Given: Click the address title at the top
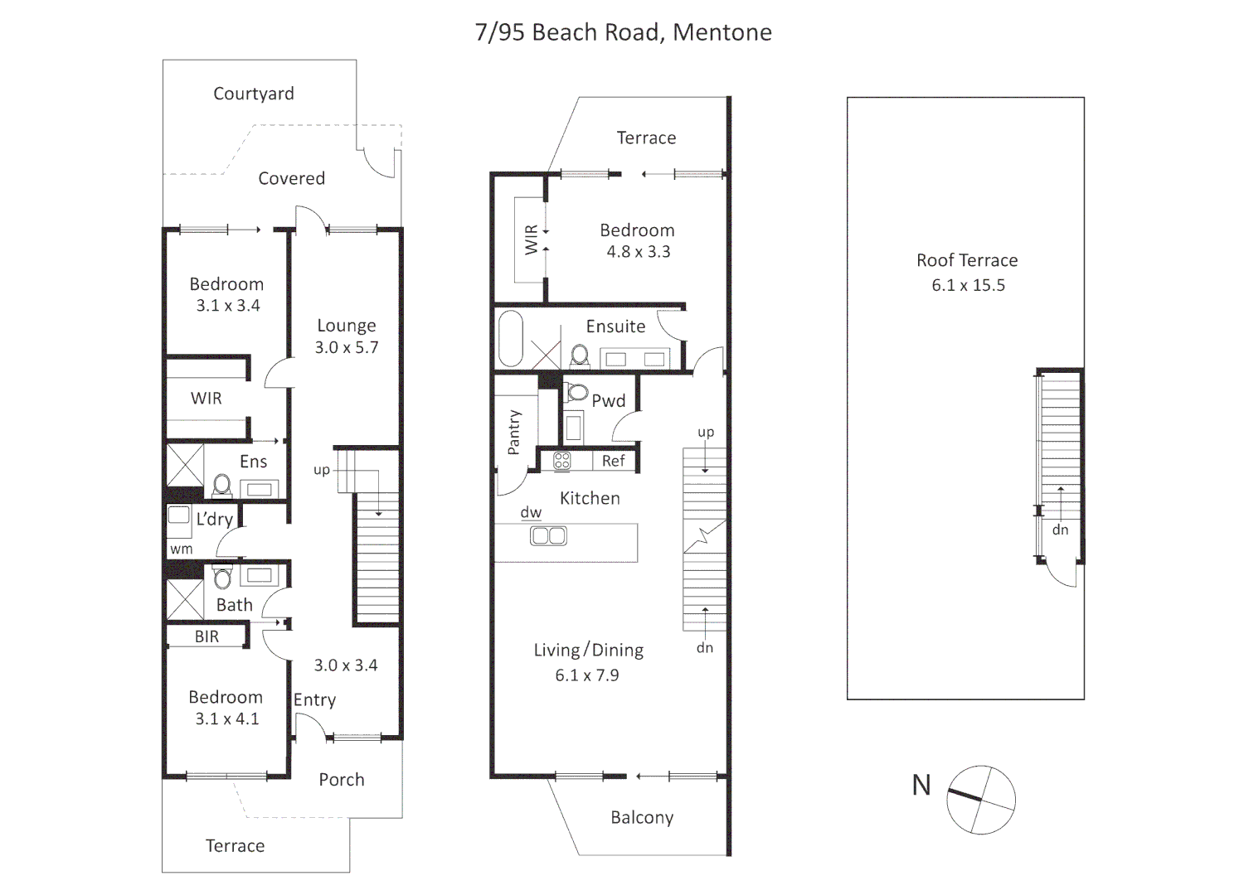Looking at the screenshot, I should click(623, 32).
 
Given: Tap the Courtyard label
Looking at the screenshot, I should click(253, 94).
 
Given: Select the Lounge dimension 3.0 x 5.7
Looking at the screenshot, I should click(346, 348).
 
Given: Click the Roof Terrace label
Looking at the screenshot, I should click(967, 260).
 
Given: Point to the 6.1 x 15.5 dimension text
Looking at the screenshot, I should click(968, 285).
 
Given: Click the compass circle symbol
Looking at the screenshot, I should click(981, 800).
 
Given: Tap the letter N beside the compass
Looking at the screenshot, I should click(921, 785).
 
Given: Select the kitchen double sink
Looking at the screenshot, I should click(548, 536).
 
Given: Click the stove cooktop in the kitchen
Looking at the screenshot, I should click(561, 462).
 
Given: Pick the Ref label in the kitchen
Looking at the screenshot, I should click(613, 461).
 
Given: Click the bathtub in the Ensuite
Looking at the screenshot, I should click(509, 338).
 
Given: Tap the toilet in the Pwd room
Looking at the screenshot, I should click(577, 391).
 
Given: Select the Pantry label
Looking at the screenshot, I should click(513, 432).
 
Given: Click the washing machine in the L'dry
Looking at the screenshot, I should click(178, 515).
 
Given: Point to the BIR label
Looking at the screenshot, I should click(206, 636).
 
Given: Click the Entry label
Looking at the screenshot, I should click(314, 700).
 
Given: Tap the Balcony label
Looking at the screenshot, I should click(642, 818).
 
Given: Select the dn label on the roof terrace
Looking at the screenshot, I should click(1060, 530).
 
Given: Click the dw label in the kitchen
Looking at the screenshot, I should click(531, 513).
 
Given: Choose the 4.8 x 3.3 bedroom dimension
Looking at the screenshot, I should click(638, 252).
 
